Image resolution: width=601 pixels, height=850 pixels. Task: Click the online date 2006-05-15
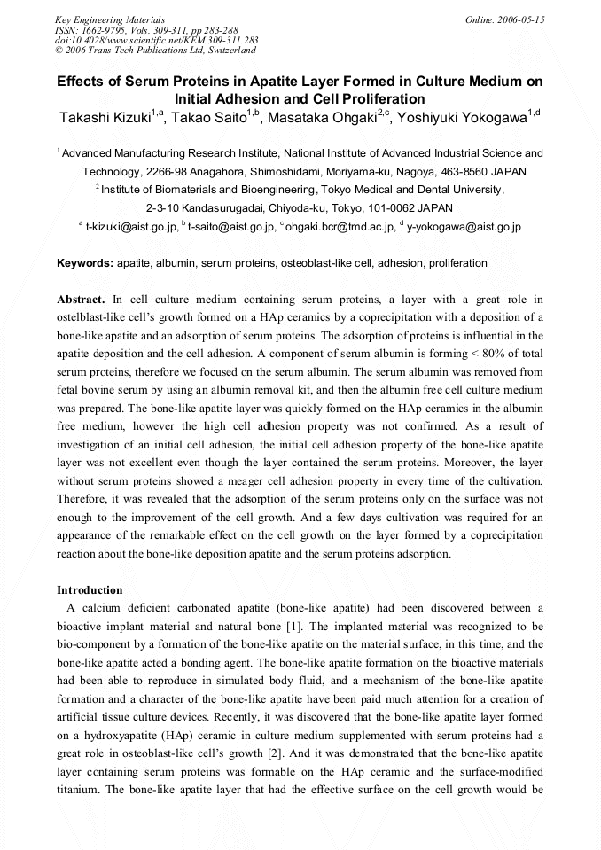(x=518, y=19)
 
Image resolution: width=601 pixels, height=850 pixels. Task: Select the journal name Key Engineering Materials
(x=110, y=19)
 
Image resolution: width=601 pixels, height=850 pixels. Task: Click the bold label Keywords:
(x=85, y=263)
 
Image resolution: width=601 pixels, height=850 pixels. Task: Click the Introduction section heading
(x=90, y=589)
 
